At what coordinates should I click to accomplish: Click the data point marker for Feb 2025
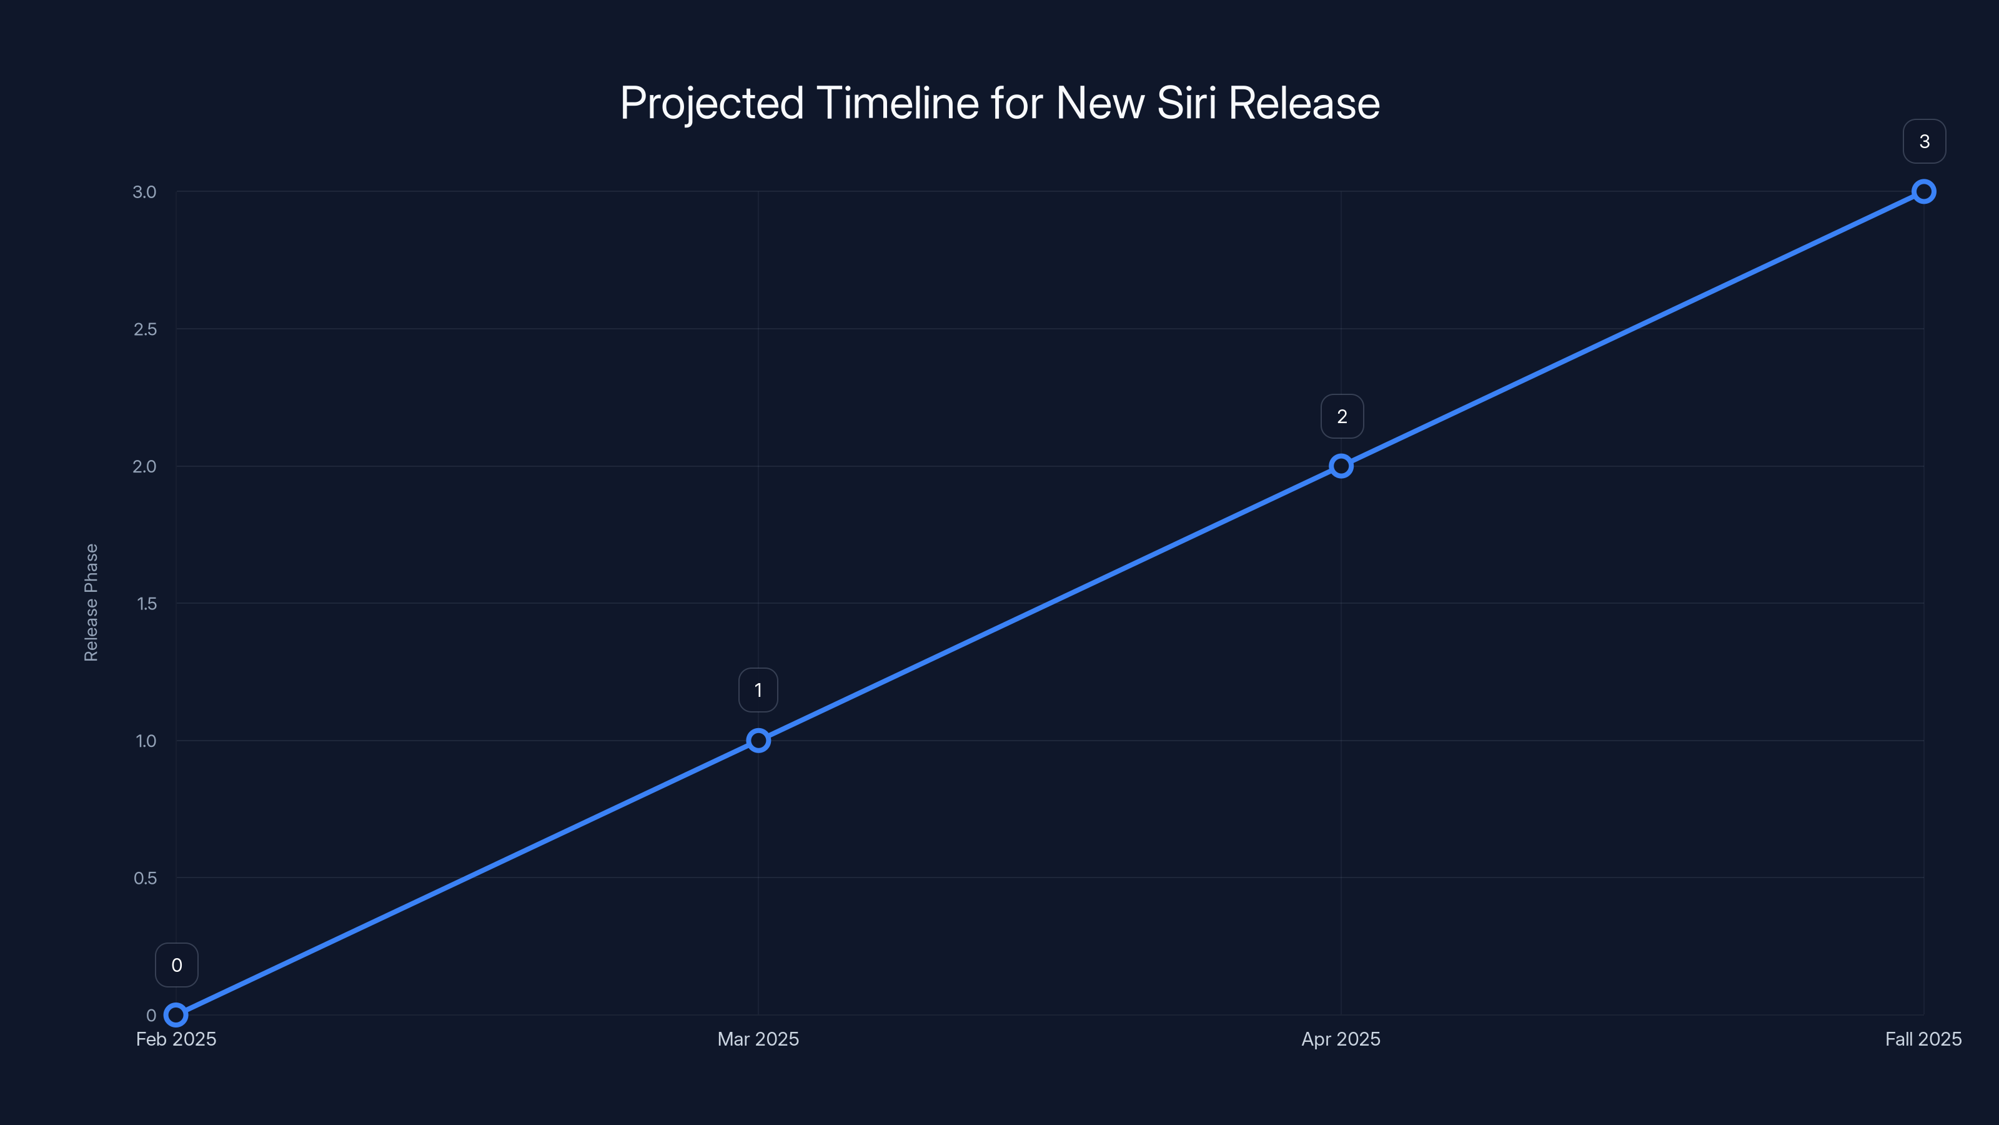click(176, 1015)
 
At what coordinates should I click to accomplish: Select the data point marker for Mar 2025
click(758, 741)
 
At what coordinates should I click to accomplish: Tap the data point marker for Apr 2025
click(1341, 466)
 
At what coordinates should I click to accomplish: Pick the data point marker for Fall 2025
click(1924, 192)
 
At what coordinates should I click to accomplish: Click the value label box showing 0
click(177, 965)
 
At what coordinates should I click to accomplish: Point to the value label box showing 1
click(758, 690)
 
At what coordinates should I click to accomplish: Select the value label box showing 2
click(1342, 416)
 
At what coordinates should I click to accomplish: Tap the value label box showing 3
click(1925, 141)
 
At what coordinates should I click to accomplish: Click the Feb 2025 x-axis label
click(176, 1039)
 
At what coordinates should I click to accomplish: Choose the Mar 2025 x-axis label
click(758, 1039)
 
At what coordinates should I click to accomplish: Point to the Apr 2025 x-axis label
click(1341, 1039)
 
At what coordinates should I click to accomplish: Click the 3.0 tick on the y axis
click(144, 192)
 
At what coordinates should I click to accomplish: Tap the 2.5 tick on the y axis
click(145, 329)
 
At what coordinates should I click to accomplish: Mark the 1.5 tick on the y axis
click(147, 603)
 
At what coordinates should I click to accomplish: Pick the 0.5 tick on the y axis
click(145, 878)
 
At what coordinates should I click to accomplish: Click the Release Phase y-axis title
click(91, 602)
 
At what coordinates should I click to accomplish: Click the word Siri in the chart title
click(1186, 103)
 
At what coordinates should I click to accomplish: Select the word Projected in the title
click(712, 103)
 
